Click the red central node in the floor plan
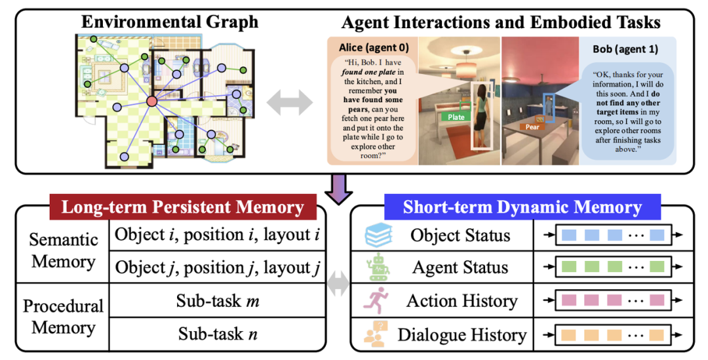[x=151, y=100]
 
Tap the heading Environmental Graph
[x=169, y=22]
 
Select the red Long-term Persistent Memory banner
[x=183, y=208]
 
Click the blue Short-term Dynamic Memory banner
[x=522, y=208]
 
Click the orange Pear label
[x=532, y=126]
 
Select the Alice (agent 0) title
[x=372, y=48]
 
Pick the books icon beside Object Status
[x=377, y=235]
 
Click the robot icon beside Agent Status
[x=378, y=268]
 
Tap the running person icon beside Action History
[x=377, y=300]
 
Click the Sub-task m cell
[x=217, y=301]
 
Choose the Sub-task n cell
[x=217, y=334]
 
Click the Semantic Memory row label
[x=63, y=251]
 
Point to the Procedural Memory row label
[x=63, y=317]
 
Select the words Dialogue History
[x=462, y=335]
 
